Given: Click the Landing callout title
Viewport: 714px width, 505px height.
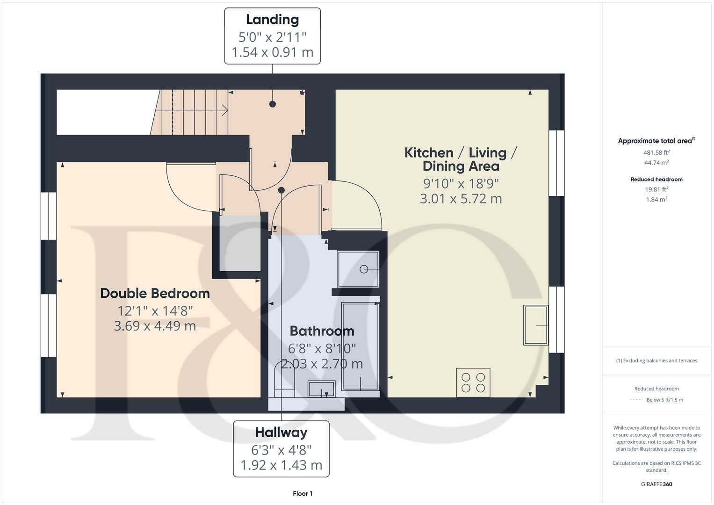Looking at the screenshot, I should (272, 20).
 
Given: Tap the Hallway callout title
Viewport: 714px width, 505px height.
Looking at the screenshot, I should (281, 432).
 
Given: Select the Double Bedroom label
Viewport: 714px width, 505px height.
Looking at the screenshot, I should (155, 293).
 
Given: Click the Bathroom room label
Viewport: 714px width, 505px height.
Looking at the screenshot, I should (322, 331).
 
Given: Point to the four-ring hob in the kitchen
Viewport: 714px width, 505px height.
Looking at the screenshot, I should (473, 382).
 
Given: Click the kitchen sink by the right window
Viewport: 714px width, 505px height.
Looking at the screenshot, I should (535, 325).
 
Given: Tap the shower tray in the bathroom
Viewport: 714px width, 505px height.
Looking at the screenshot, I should (358, 269).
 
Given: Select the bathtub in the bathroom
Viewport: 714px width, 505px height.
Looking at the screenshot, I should (360, 346).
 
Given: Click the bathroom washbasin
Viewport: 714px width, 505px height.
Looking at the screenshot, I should (321, 388).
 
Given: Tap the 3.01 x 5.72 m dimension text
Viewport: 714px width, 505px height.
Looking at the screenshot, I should (461, 199).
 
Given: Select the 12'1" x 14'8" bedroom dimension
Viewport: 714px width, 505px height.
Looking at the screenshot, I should (155, 310).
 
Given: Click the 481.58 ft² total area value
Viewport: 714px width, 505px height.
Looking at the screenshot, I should (656, 152).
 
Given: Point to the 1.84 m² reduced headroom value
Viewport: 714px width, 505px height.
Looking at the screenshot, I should (656, 200).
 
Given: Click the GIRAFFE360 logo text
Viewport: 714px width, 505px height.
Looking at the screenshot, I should (656, 484).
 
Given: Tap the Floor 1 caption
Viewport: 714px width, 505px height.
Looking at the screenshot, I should (303, 493).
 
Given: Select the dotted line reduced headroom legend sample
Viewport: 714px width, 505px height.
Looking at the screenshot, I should (636, 400).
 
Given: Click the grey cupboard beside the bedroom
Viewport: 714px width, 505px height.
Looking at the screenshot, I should (240, 243).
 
